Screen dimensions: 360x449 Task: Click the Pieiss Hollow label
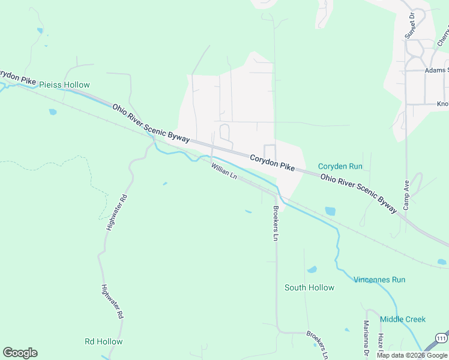tap(64, 85)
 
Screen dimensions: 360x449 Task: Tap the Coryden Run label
tap(340, 166)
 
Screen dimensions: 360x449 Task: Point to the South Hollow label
tap(309, 287)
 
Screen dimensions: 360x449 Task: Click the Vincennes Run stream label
tap(379, 280)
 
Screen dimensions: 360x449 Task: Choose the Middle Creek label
tap(402, 319)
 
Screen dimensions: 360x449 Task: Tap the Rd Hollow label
tap(103, 341)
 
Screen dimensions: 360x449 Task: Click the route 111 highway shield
tap(441, 337)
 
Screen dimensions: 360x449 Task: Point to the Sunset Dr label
tap(410, 25)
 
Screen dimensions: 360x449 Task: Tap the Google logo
tap(20, 353)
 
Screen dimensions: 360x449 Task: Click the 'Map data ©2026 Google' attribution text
tap(412, 355)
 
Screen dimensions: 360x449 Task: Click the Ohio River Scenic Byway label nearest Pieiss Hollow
tap(151, 122)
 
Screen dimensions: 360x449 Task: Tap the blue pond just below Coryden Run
tap(330, 211)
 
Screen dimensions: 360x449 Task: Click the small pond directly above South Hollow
tap(312, 270)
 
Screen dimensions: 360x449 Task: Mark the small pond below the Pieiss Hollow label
tap(53, 112)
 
